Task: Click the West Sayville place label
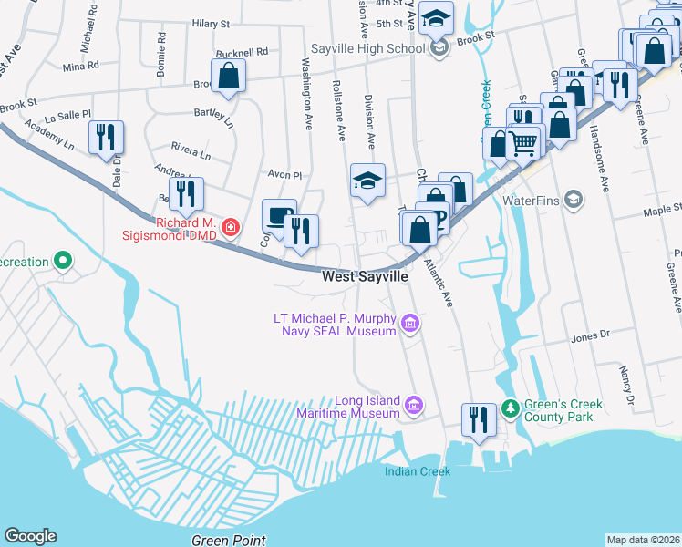[x=364, y=276]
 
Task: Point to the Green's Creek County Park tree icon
[x=512, y=406]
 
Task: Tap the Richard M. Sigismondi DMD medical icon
[x=231, y=225]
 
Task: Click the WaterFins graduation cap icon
[x=573, y=199]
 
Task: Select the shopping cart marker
[x=524, y=141]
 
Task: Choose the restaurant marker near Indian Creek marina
[x=479, y=420]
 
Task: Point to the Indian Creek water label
[x=417, y=471]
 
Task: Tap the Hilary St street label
[x=211, y=23]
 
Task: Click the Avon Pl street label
[x=284, y=173]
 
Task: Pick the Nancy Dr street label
[x=626, y=387]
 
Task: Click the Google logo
[x=31, y=536]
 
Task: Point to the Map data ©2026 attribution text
[x=642, y=540]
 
